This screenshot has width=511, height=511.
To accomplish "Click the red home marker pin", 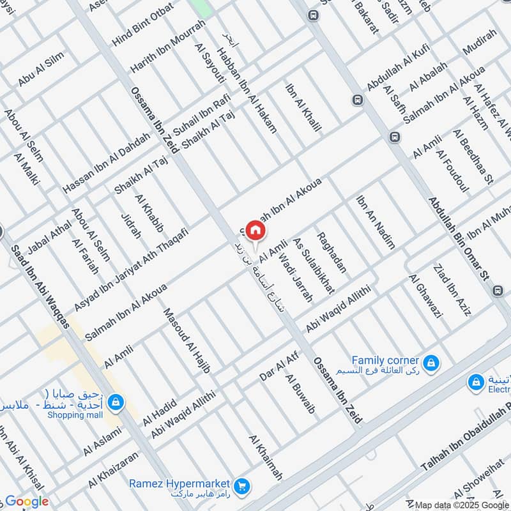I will pyautogui.click(x=256, y=230).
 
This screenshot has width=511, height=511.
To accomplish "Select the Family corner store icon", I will pyautogui.click(x=432, y=363).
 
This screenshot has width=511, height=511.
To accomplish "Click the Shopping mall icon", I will pyautogui.click(x=116, y=402).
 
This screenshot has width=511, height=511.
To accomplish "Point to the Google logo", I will pyautogui.click(x=26, y=501).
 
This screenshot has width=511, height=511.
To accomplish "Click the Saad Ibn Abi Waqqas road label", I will pyautogui.click(x=40, y=280).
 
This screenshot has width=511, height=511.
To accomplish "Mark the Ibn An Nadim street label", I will pyautogui.click(x=376, y=221).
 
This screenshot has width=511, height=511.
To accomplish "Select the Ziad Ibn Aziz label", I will pyautogui.click(x=452, y=290).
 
